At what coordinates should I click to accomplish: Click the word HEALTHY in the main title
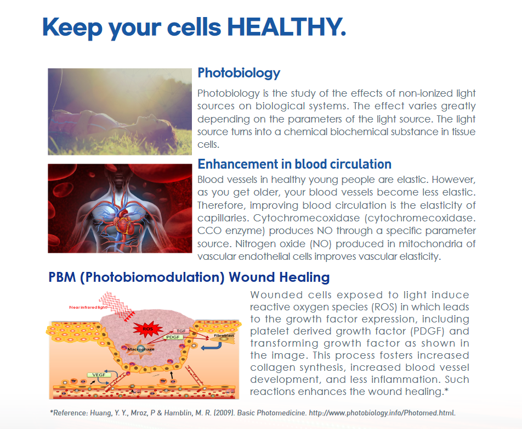[x=287, y=27]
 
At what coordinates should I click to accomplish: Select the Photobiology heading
[x=239, y=73]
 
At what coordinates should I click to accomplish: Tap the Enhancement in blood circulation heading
[x=294, y=164]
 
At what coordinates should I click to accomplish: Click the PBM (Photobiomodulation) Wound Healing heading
[x=189, y=277]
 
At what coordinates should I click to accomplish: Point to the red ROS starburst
[x=147, y=328]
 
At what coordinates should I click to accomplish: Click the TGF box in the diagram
[x=181, y=331]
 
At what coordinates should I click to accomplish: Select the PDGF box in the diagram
[x=173, y=337]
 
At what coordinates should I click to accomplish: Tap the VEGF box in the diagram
[x=99, y=375]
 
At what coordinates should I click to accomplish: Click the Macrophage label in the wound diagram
[x=141, y=349]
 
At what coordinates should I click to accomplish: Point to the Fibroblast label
[x=224, y=335]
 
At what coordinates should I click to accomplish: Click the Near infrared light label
[x=88, y=307]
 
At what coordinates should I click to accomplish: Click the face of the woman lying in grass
[x=156, y=121]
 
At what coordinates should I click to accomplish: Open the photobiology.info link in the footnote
[x=382, y=413]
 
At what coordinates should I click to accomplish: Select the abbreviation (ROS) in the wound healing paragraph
[x=385, y=307]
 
